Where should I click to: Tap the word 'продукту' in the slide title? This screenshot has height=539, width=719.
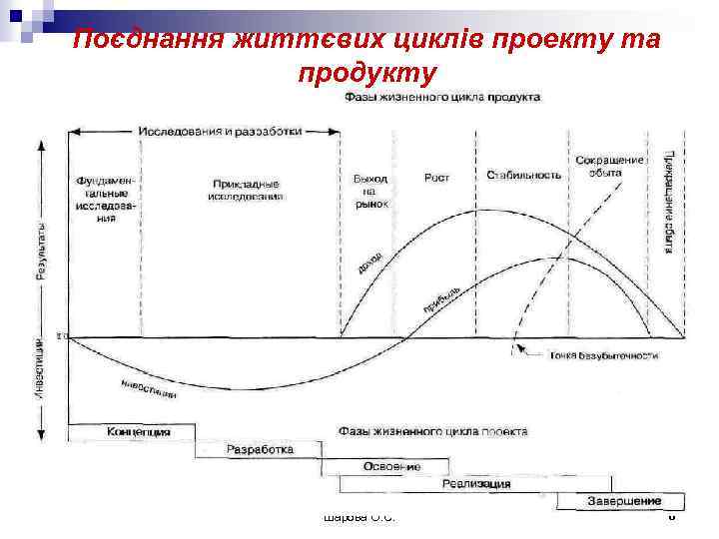(366, 73)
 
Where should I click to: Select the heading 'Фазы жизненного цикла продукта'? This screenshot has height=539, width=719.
(442, 97)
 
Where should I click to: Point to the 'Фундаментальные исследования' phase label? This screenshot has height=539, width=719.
(104, 199)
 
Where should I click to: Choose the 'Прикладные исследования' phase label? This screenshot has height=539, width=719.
(246, 190)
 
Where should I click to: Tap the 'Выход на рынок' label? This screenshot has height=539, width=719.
(369, 190)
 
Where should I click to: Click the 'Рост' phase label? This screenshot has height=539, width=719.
(436, 178)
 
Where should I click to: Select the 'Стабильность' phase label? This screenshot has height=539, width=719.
(523, 175)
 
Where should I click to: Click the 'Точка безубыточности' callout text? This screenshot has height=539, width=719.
(603, 354)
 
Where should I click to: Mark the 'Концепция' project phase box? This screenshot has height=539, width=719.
(138, 432)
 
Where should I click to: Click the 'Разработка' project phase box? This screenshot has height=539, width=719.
(260, 450)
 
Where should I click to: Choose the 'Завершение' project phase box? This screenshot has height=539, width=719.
(624, 500)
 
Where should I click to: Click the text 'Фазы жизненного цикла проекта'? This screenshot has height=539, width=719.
(433, 431)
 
